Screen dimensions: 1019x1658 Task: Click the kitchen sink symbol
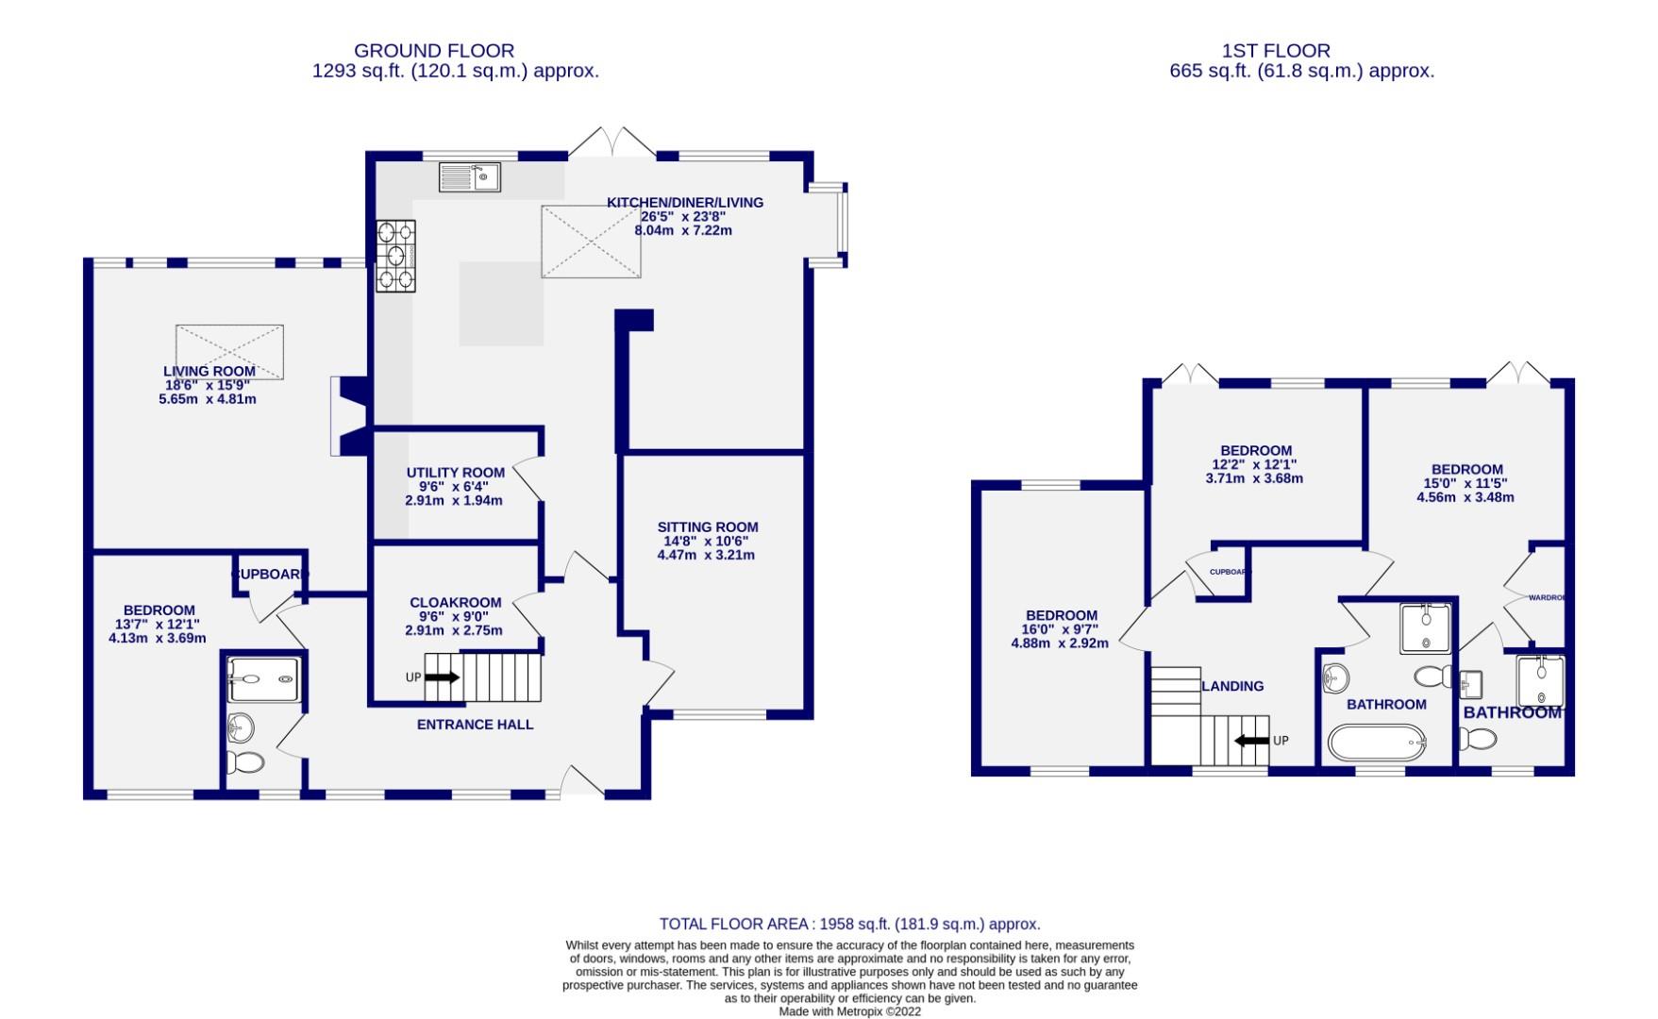[x=469, y=176]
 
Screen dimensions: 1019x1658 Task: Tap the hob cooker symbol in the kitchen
[x=395, y=255]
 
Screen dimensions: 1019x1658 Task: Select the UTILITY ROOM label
[x=455, y=473]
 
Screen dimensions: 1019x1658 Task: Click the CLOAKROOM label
[x=455, y=603]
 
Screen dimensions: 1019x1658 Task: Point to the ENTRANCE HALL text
[x=475, y=725]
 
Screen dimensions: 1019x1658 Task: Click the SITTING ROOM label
[x=708, y=527]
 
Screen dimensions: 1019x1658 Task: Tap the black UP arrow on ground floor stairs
[x=442, y=677]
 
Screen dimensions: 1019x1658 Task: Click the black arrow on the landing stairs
[x=1251, y=741]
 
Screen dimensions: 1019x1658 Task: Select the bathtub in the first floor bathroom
[x=1375, y=743]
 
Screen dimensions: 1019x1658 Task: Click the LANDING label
[x=1231, y=686]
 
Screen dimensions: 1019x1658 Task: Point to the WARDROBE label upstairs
[x=1546, y=597]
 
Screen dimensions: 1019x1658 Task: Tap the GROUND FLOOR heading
[x=434, y=51]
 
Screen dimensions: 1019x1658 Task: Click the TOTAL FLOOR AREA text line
[x=849, y=925]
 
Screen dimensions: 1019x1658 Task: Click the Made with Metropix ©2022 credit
[x=849, y=1011]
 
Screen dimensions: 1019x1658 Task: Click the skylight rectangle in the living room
[x=229, y=352]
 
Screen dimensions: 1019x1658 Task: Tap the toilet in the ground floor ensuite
[x=245, y=762]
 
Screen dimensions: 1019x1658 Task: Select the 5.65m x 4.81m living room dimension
[x=208, y=399]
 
